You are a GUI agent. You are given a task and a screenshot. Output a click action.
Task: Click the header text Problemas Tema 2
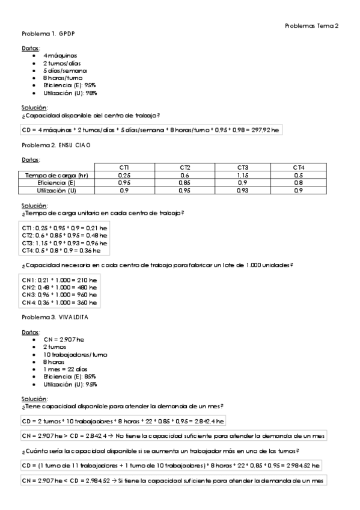click(x=311, y=25)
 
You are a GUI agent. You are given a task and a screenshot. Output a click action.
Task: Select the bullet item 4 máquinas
click(x=60, y=55)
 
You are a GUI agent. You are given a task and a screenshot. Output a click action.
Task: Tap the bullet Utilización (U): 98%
click(x=70, y=93)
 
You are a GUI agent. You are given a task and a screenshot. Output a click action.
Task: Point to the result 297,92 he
click(x=267, y=129)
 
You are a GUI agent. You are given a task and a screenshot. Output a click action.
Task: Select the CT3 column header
click(x=243, y=167)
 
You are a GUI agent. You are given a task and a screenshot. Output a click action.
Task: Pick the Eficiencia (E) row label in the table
click(x=56, y=182)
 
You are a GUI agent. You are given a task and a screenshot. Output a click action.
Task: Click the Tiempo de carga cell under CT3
click(x=243, y=174)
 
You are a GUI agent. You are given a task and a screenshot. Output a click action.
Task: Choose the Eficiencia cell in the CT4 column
click(x=298, y=182)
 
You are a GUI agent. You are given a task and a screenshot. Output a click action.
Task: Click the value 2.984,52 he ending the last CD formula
click(x=305, y=465)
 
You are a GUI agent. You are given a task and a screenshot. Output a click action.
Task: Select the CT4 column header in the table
click(x=298, y=167)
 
